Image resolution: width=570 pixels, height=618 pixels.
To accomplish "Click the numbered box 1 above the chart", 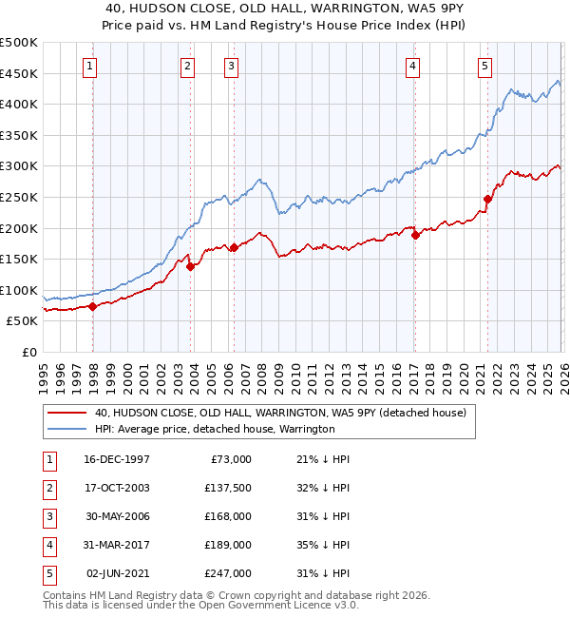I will pos(88,66).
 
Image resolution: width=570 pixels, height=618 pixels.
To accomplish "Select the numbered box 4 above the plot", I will pos(413,66).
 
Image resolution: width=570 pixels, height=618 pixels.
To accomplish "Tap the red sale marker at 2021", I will pos(488,199).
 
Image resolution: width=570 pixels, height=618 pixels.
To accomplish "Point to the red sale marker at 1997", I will pos(93,306).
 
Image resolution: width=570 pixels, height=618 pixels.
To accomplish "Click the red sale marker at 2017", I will pos(415,235).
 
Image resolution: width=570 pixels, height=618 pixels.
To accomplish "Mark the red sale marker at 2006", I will pos(235,247).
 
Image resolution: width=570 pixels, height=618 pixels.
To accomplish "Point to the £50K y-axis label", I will pos(22,321).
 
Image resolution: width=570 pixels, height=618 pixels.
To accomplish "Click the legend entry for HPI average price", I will pos(214,429).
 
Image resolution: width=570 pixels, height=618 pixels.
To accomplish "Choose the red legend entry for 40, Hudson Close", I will pos(279,413).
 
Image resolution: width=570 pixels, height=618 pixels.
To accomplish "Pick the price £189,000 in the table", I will pos(229,545).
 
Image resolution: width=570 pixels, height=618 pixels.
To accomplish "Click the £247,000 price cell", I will pos(229,573).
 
